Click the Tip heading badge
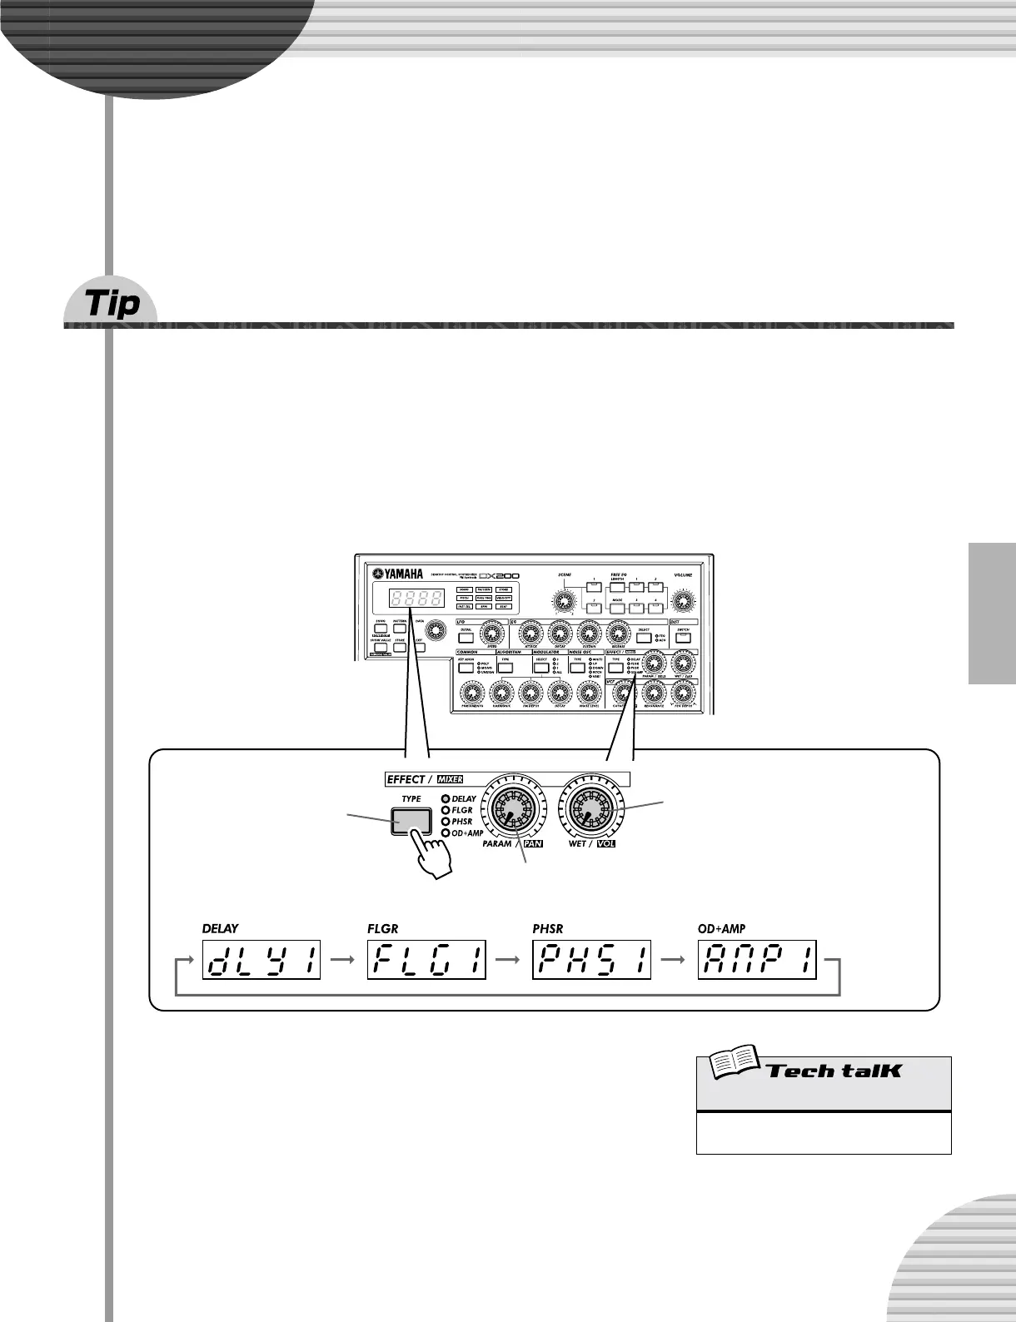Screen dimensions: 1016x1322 point(112,305)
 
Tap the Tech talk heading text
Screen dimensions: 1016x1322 point(833,1071)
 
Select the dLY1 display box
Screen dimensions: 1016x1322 point(261,960)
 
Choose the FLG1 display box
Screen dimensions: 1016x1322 point(426,960)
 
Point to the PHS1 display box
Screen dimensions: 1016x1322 point(591,960)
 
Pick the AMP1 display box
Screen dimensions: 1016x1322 point(757,960)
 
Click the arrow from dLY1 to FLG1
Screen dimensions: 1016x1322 point(343,960)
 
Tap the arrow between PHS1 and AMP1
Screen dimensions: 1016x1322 point(674,960)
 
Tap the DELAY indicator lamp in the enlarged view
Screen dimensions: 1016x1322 point(446,798)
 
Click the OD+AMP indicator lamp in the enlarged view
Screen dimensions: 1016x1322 point(446,833)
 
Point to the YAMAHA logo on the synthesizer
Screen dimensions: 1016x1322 point(398,573)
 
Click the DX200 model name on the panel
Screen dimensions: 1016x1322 point(500,575)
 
